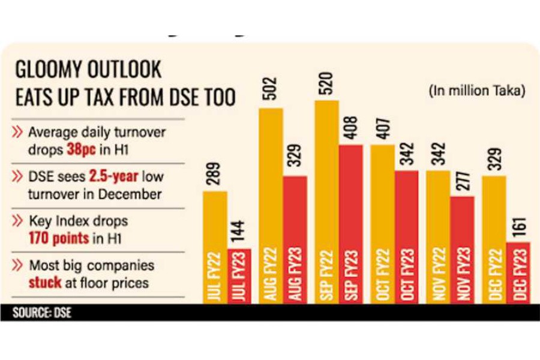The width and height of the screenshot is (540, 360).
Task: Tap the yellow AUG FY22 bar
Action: pyautogui.click(x=271, y=204)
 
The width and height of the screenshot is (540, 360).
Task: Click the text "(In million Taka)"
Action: pyautogui.click(x=478, y=91)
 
